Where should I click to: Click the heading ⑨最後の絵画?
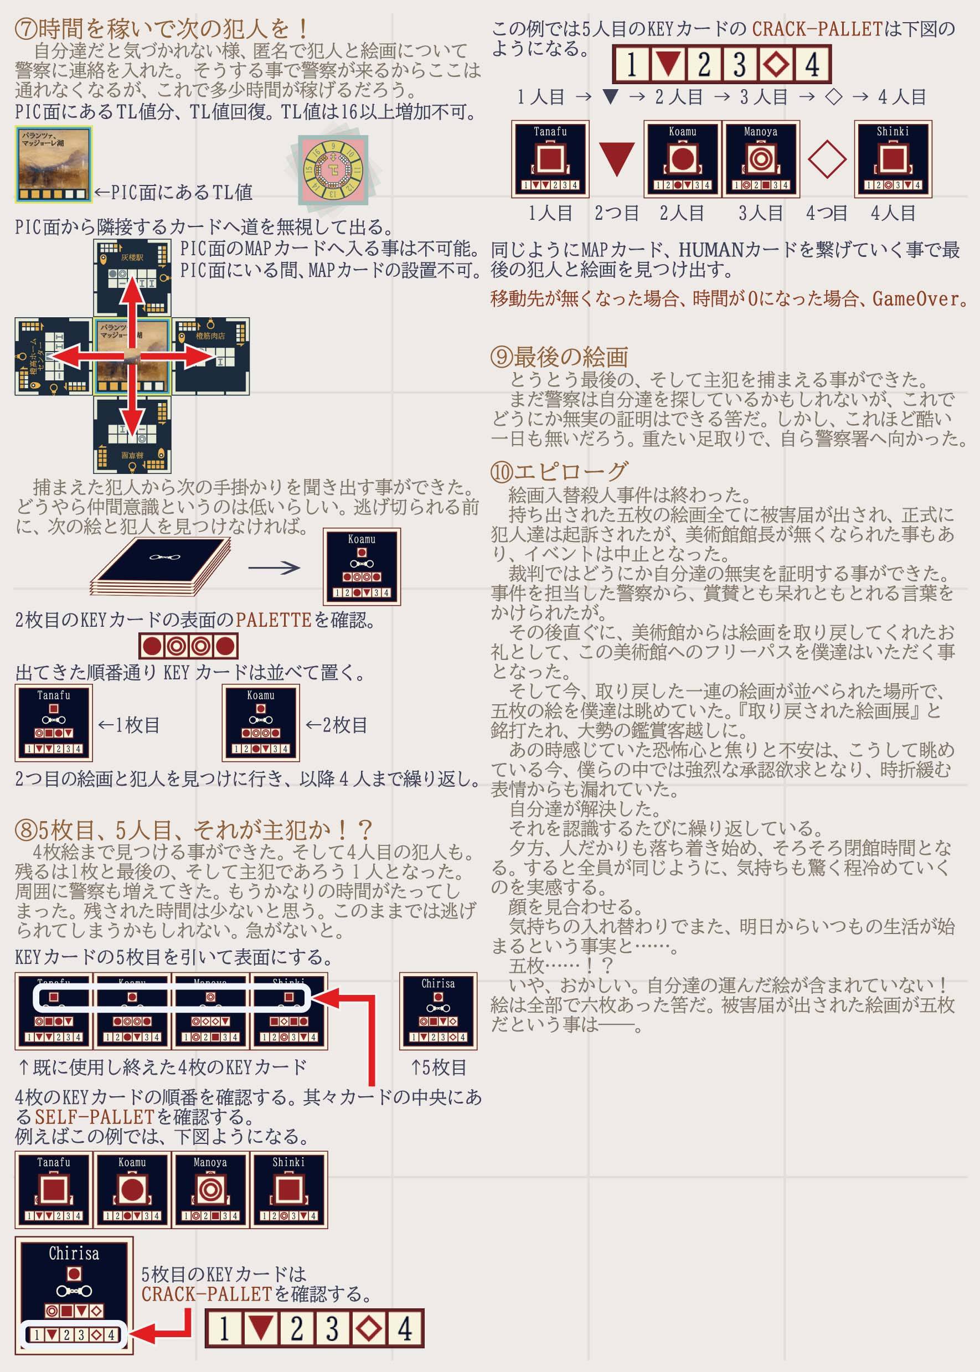point(559,357)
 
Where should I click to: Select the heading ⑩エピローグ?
point(559,471)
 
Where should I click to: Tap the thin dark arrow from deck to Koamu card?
point(274,567)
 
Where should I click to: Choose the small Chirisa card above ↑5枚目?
point(438,1010)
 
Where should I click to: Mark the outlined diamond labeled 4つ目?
point(826,159)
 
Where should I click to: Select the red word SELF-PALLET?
point(94,1117)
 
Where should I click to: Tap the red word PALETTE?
point(273,620)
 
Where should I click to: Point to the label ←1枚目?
point(128,725)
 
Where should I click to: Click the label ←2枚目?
point(336,725)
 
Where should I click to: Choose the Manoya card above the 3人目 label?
point(760,159)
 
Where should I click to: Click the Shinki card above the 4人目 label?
point(893,159)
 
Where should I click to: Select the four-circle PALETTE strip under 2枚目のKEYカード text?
point(188,646)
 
